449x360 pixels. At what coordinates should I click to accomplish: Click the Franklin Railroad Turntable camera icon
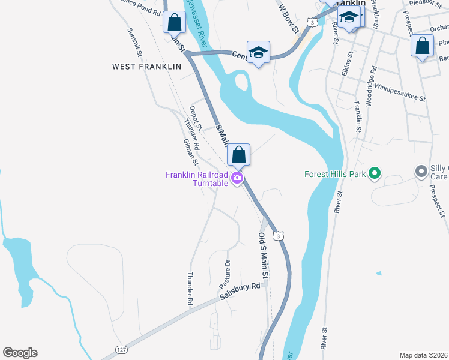238,178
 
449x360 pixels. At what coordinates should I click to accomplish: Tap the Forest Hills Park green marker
376,175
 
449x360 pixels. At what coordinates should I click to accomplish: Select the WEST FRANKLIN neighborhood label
146,67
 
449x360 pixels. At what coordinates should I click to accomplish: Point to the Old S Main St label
264,254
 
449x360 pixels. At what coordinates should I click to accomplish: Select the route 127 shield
121,350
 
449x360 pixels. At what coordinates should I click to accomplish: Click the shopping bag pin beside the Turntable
239,155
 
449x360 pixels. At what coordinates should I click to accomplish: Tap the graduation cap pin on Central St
258,52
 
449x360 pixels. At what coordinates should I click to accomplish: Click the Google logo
20,353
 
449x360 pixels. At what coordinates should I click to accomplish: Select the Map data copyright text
424,355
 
